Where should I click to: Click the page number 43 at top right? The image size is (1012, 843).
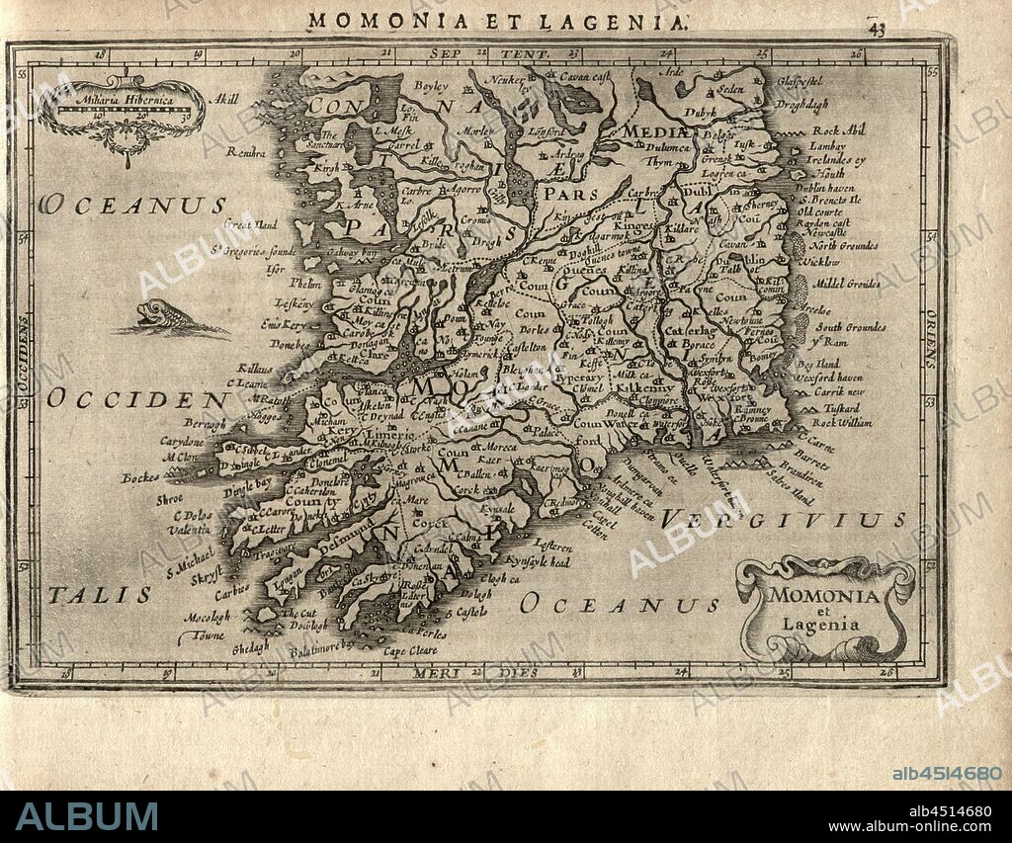click(x=877, y=27)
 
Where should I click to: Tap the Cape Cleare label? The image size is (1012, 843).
click(x=410, y=650)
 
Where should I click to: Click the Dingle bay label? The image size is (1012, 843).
click(x=248, y=482)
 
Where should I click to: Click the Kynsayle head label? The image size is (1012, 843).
click(x=540, y=561)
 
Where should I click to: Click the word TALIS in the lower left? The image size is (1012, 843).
click(x=101, y=594)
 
